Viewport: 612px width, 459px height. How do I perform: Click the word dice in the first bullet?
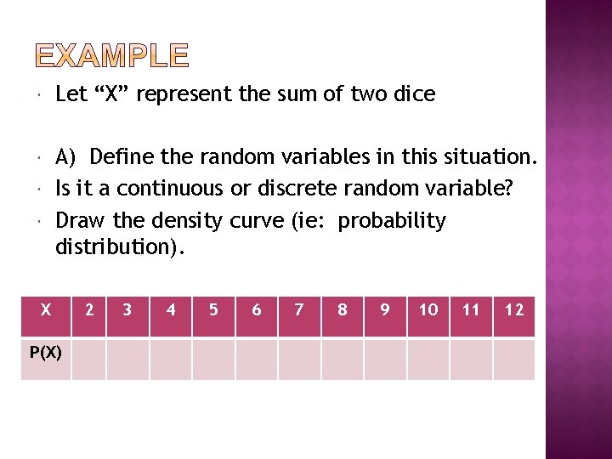pos(412,94)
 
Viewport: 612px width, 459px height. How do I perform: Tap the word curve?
pos(257,221)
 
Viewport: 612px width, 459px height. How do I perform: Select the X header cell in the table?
pos(46,310)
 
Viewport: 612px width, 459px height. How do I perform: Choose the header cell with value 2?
pos(89,310)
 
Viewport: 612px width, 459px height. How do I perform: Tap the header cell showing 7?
pos(299,310)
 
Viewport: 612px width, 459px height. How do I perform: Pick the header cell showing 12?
pos(514,310)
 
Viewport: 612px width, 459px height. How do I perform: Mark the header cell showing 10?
pos(428,310)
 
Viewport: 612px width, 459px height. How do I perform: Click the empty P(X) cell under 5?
pos(213,359)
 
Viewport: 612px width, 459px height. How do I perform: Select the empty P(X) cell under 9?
pos(385,359)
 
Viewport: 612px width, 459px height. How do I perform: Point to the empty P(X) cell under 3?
pos(127,359)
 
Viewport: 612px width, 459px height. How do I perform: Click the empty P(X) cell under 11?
pos(471,359)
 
